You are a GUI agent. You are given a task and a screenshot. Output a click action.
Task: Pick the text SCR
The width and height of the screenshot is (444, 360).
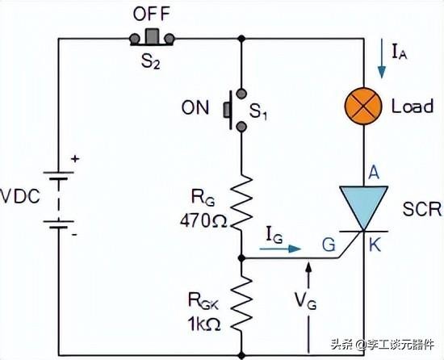coord(421,210)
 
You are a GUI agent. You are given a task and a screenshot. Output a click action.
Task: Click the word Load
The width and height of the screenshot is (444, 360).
coord(413,107)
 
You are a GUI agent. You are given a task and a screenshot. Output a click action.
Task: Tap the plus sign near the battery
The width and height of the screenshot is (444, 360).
coord(75,161)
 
